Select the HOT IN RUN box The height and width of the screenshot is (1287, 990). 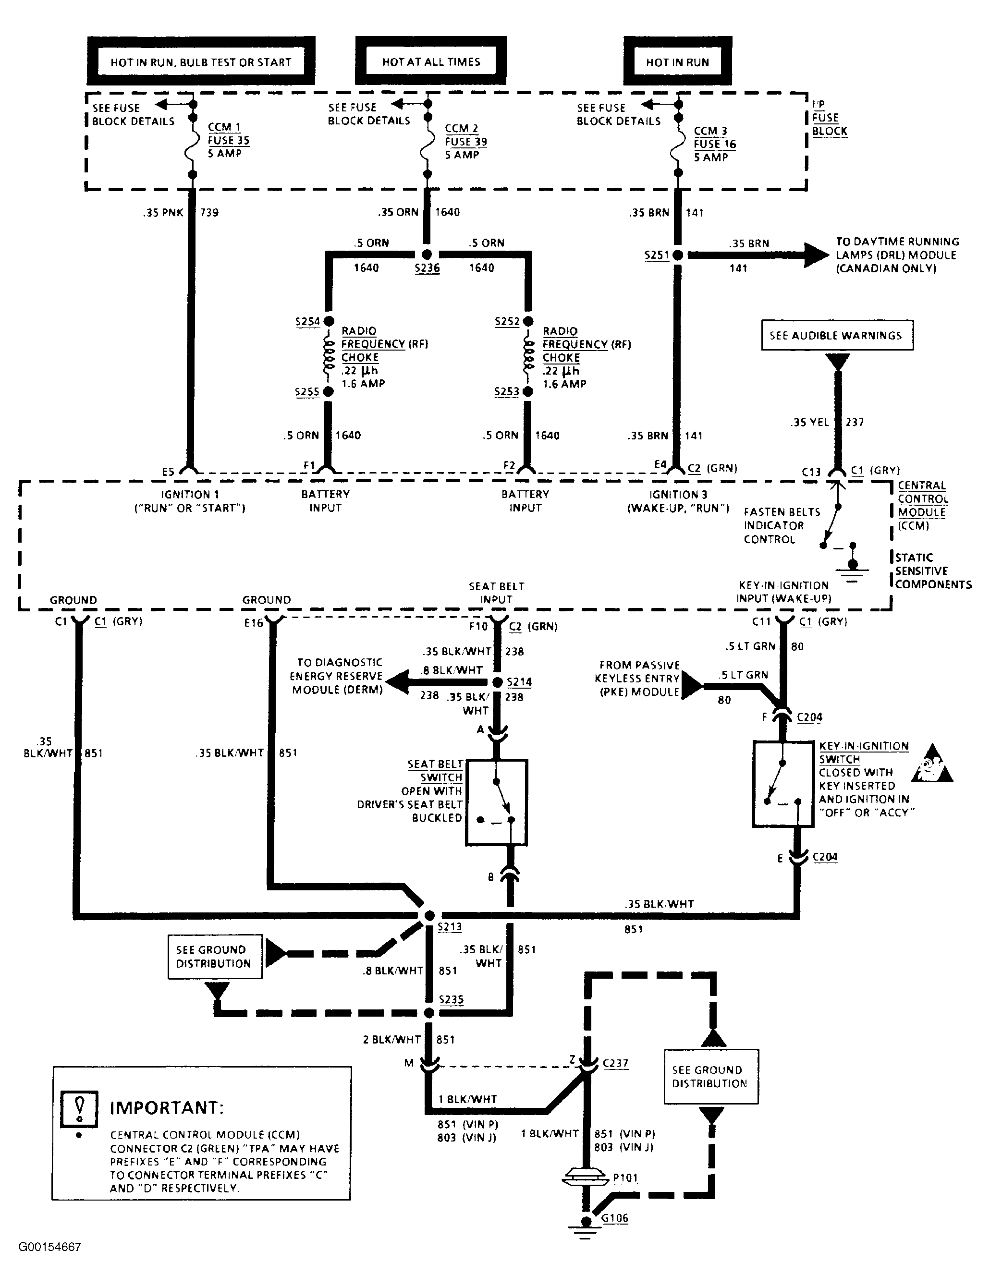point(678,61)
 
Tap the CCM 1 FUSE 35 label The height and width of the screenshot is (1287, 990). point(229,134)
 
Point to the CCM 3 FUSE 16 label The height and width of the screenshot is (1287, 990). point(715,137)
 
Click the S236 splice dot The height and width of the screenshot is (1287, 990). point(427,255)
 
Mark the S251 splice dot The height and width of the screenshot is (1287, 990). point(678,255)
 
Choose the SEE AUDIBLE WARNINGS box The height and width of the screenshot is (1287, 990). point(837,335)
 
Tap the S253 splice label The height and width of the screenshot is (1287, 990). point(507,392)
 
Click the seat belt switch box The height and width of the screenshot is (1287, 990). point(496,802)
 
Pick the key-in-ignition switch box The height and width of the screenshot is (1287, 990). point(783,784)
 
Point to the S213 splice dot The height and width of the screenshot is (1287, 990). point(429,915)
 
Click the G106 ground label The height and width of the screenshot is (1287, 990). point(615,1218)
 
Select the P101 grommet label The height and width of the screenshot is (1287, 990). point(625,1178)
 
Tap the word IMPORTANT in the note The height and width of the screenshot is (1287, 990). point(167,1108)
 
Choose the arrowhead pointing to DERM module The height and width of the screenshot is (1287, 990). point(397,682)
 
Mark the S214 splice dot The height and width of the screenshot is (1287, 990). point(497,682)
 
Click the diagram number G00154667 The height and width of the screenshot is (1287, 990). point(50,1247)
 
